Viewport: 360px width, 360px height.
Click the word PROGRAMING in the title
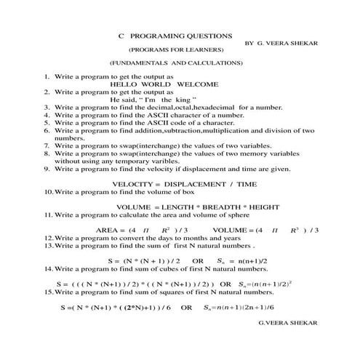coord(153,35)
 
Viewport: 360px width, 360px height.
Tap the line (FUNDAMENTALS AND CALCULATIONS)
coord(176,63)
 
